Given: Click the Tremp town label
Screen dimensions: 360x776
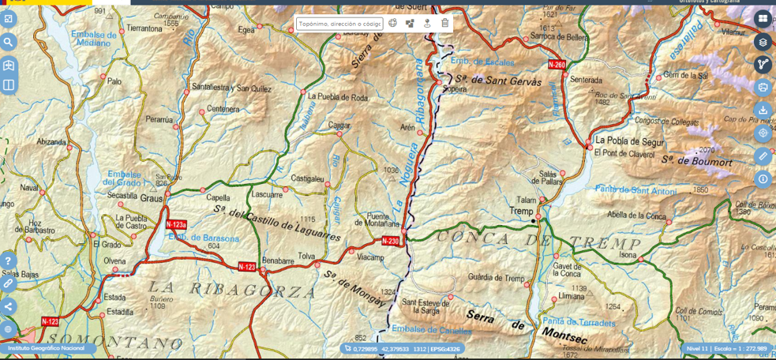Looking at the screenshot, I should point(521,211).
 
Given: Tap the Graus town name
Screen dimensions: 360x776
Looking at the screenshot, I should point(151,199).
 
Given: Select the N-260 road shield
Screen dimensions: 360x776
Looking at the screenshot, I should point(557,64).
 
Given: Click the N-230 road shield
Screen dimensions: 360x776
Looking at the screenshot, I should point(390,241).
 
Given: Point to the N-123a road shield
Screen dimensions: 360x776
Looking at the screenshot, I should point(176,224).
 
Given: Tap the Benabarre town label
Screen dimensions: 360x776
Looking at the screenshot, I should point(277,259).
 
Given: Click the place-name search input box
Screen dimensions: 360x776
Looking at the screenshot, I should point(339,24).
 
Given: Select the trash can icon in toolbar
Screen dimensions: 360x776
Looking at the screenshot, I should point(445,24).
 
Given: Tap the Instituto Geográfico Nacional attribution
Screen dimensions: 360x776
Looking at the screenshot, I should point(46,348).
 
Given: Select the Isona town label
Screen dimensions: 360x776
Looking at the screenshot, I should point(628,255).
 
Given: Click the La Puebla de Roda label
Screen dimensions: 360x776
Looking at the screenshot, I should point(338,98).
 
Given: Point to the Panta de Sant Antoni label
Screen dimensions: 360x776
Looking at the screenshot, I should point(635,189).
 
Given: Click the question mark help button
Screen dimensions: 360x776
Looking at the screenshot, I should point(8,261).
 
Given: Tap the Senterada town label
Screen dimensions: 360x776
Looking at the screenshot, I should point(586,80).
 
